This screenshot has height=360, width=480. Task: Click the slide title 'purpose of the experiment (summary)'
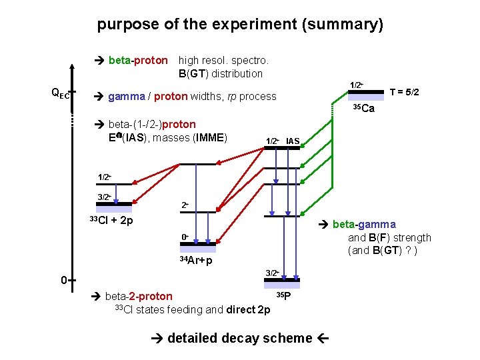coord(240,25)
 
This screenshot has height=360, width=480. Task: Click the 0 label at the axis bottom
coord(63,280)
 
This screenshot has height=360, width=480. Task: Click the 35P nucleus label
coord(283,295)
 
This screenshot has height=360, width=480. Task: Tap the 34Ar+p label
coord(196,260)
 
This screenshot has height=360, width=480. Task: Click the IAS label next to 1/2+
coord(293,141)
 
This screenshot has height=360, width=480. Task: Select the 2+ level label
coord(185,205)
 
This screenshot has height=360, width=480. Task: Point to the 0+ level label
coord(185,237)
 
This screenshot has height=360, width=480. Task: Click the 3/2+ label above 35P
coord(272,273)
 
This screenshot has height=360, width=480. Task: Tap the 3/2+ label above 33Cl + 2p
coord(105,197)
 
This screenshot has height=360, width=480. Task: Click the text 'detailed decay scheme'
coord(240,339)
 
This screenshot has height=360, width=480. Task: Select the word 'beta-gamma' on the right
coord(364,225)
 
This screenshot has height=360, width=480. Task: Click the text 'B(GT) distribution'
coord(221,73)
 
